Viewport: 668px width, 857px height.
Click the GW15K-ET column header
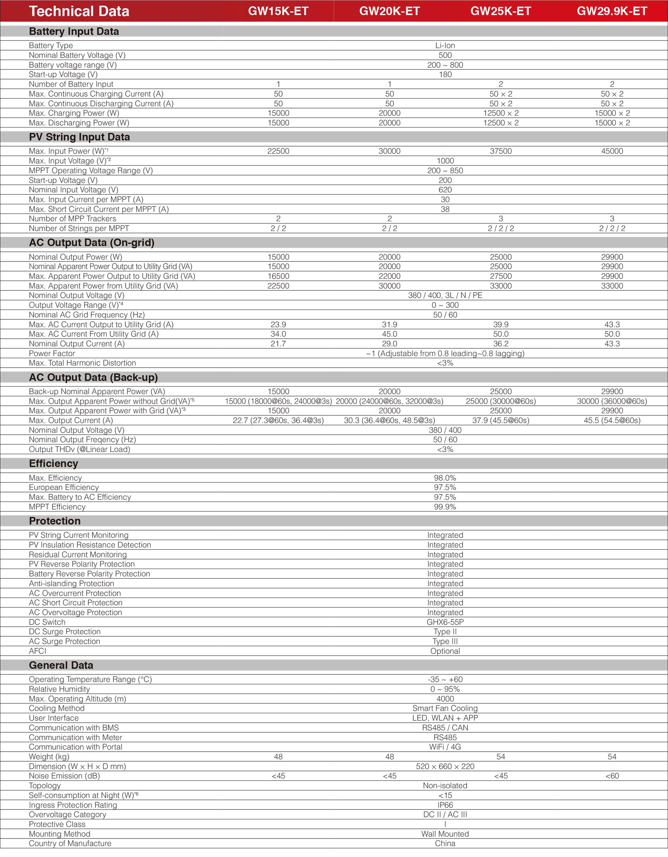(278, 11)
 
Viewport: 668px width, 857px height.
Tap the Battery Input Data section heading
(74, 32)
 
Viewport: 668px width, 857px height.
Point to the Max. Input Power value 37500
(500, 151)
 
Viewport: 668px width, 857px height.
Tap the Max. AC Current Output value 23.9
(278, 324)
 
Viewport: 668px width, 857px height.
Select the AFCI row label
(38, 651)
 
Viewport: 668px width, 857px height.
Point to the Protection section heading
(55, 521)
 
